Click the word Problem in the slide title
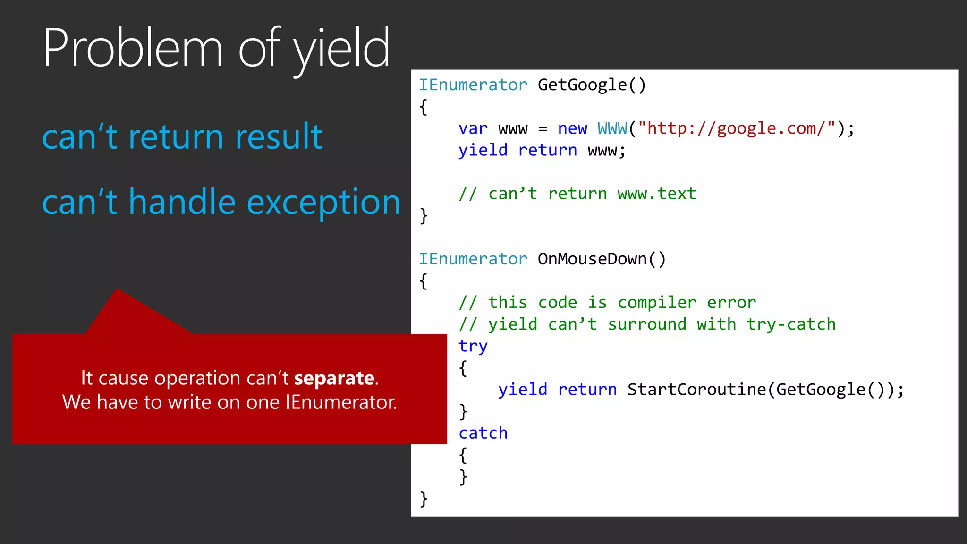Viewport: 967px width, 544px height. point(133,48)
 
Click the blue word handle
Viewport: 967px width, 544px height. point(182,202)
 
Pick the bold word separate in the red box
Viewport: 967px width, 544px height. point(334,378)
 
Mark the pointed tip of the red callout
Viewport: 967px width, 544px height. point(117,290)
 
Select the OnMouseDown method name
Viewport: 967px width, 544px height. point(593,259)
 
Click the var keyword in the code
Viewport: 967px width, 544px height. point(473,128)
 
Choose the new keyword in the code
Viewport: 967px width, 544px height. point(572,128)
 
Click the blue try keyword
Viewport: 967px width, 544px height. point(473,346)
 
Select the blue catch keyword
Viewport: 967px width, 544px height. point(483,433)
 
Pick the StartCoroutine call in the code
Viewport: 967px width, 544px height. point(696,390)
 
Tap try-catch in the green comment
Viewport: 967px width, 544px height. point(791,324)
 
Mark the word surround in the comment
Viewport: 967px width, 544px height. point(647,324)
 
